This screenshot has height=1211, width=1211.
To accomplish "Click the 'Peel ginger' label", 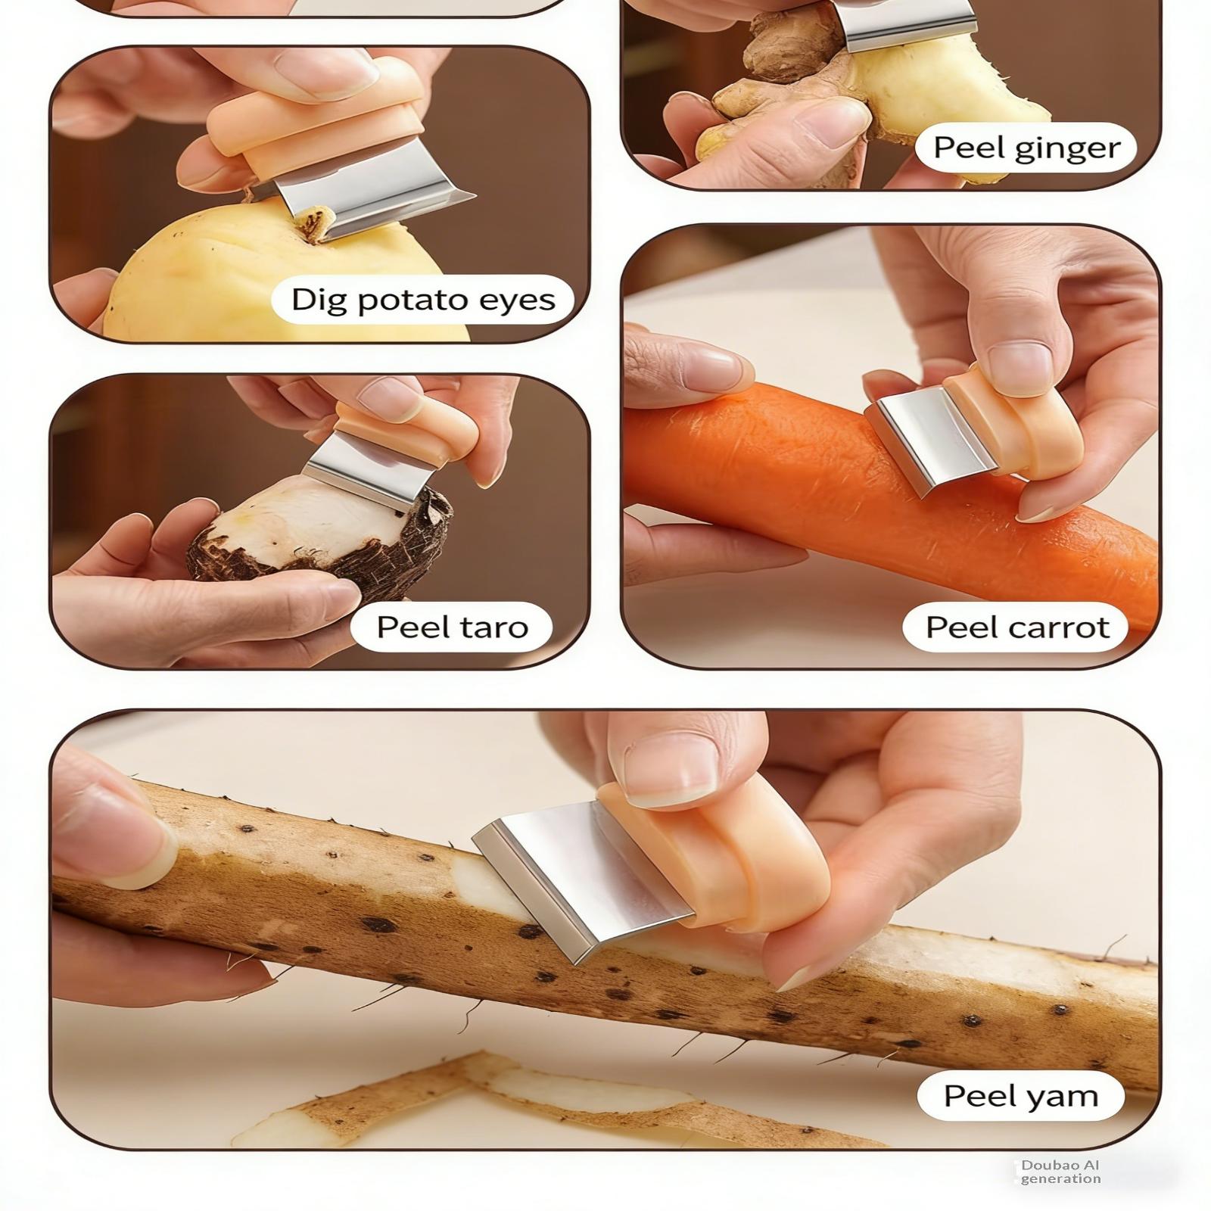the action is click(1026, 147).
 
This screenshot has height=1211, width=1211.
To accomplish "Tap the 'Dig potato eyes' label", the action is click(422, 300).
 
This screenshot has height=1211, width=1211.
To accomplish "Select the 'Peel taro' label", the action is click(452, 627).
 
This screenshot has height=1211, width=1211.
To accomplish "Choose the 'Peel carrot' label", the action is click(1016, 627).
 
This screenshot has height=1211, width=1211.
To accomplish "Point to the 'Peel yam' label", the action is click(1020, 1096).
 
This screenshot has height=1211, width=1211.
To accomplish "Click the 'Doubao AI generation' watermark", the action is click(1060, 1172).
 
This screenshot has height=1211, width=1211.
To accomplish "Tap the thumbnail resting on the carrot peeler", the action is click(1020, 368).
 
